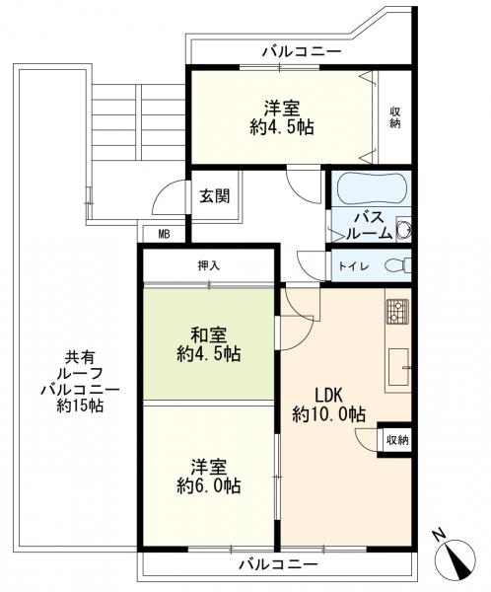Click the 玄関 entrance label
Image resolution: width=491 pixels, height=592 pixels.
coord(214,196)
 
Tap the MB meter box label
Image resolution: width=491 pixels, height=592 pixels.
coord(164,235)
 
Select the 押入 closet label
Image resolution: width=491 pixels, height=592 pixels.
coord(209,265)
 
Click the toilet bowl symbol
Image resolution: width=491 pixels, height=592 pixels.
coord(397,265)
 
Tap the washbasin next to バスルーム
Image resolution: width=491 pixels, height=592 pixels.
coord(404,229)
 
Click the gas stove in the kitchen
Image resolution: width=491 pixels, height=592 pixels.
coord(397,312)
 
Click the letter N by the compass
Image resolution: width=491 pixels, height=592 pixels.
coord(438,536)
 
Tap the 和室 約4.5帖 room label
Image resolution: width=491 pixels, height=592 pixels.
coord(209,344)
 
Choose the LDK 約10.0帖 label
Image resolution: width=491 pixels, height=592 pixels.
coord(328,406)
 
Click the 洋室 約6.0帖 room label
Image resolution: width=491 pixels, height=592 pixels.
coord(209,477)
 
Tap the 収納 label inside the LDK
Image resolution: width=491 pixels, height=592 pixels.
coord(397,440)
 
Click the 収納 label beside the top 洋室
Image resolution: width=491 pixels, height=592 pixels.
coord(395,117)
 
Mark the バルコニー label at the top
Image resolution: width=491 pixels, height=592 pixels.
coord(302,51)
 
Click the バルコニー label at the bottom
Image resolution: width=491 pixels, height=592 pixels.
coord(278,565)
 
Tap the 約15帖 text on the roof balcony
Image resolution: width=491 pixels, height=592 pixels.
coord(80,406)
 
